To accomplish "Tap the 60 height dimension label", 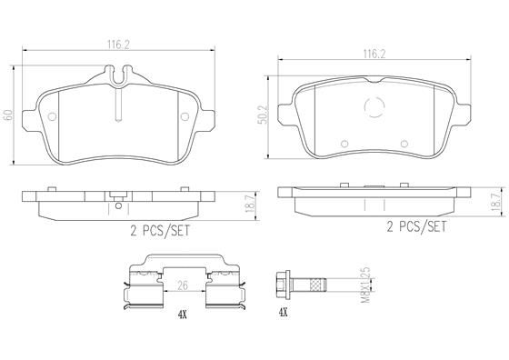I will [8, 116].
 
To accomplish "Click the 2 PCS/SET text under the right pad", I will [416, 225].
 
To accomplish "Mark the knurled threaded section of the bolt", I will [314, 284].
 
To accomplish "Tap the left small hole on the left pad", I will [52, 116].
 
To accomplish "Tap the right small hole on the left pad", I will [188, 116].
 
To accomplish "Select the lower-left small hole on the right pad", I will [344, 143].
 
